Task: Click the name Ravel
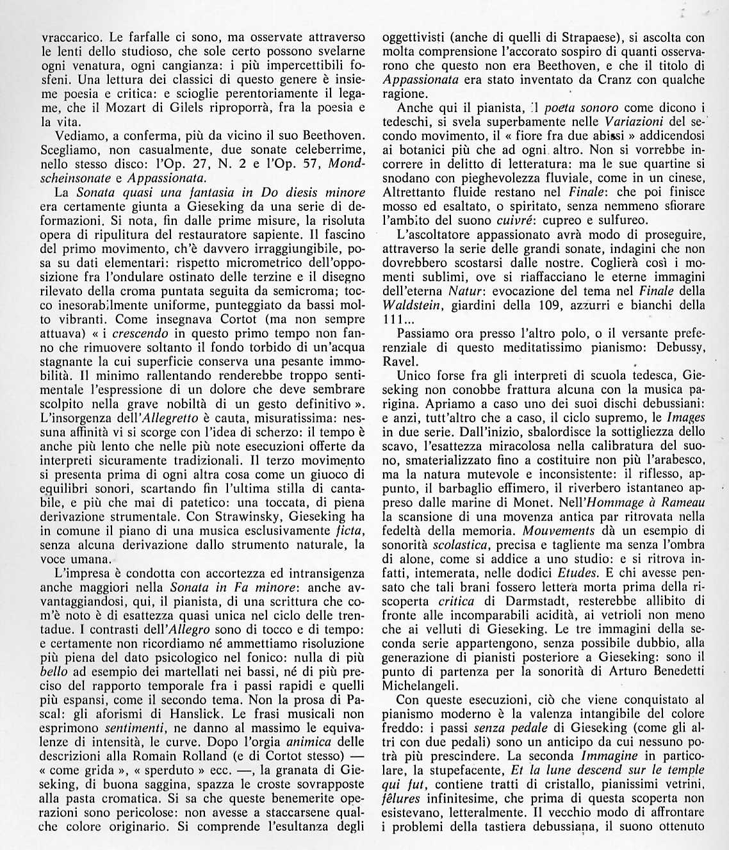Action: click(399, 361)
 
